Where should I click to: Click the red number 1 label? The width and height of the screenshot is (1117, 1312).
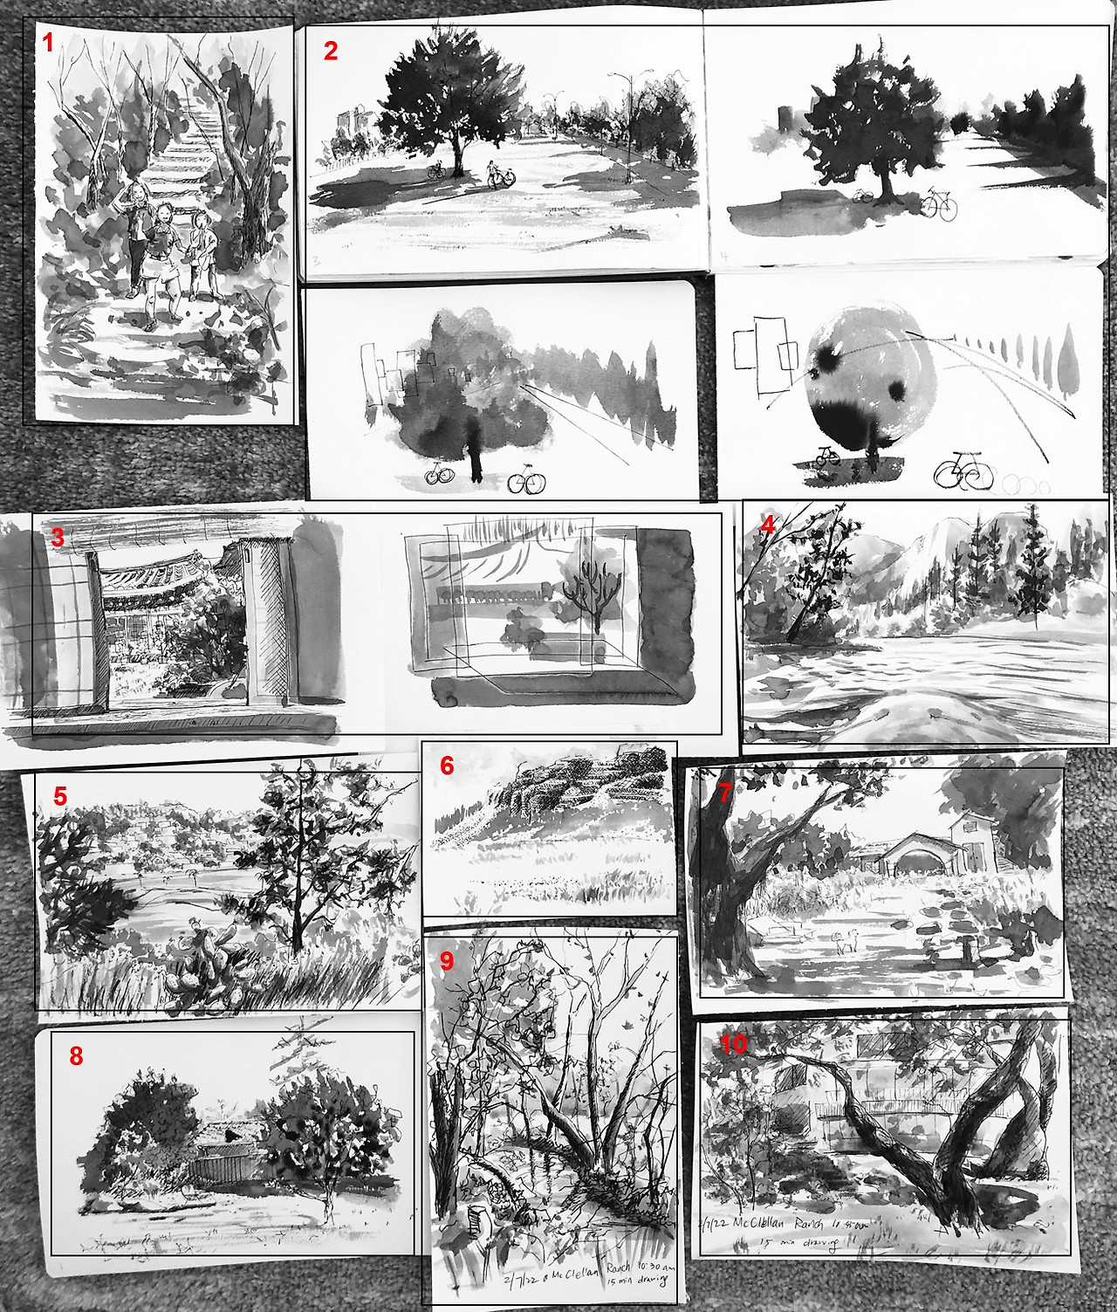[x=48, y=43]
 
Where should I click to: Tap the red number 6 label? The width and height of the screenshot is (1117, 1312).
[x=447, y=766]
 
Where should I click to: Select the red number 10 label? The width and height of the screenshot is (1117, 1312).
[x=734, y=1044]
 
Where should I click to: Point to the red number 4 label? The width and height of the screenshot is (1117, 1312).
[x=767, y=525]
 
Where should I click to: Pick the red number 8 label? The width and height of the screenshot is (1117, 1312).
[x=76, y=1056]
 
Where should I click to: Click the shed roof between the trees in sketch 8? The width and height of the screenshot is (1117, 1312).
[x=227, y=1135]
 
